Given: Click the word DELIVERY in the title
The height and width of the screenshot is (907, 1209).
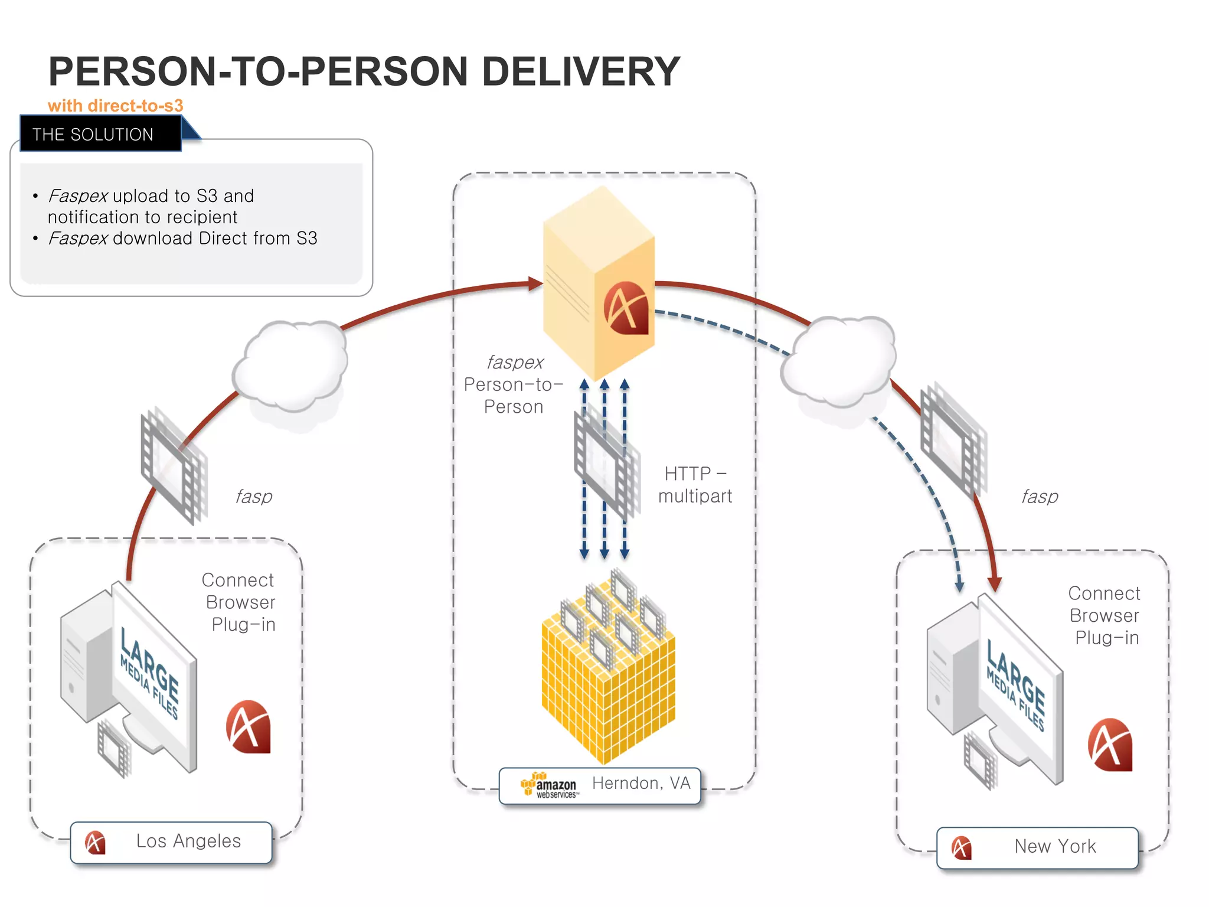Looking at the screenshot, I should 581,71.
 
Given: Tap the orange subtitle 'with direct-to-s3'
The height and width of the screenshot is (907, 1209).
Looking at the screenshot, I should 116,106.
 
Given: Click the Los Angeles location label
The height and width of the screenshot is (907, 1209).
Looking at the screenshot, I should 188,841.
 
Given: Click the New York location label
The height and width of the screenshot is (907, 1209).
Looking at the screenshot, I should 1054,846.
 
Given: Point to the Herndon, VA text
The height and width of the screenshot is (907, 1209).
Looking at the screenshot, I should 641,783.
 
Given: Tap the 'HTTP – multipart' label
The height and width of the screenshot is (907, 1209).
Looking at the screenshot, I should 695,485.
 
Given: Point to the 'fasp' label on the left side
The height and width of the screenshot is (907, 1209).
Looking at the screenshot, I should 254,497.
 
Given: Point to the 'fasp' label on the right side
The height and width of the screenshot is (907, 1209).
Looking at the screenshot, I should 1040,497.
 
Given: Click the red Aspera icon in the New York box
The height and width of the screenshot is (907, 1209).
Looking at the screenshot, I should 1110,745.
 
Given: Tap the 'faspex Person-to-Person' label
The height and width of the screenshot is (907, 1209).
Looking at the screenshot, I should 514,384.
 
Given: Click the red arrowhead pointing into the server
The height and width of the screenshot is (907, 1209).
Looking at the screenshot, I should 535,284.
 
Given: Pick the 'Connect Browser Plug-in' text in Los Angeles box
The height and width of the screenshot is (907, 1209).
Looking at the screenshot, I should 240,602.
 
